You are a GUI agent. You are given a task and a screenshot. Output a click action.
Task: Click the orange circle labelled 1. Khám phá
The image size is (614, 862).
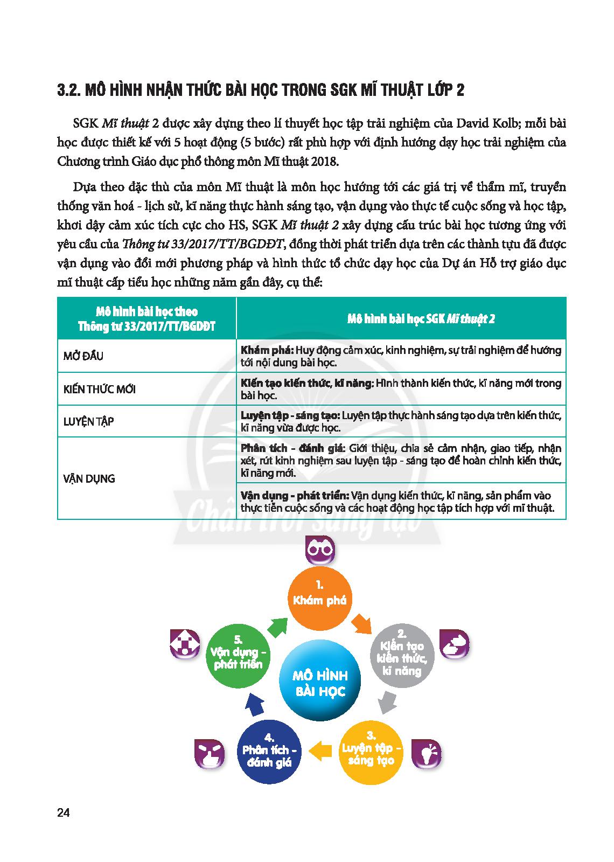pyautogui.click(x=320, y=599)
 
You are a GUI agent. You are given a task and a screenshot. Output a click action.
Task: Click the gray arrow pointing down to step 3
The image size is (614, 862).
pyautogui.click(x=385, y=703)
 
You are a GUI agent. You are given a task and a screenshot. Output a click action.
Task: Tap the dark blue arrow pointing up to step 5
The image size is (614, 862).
pyautogui.click(x=254, y=703)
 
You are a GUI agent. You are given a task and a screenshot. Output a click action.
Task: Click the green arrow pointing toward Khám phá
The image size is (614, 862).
pyautogui.click(x=277, y=626)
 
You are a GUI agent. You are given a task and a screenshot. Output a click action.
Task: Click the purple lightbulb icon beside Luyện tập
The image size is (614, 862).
pyautogui.click(x=426, y=752)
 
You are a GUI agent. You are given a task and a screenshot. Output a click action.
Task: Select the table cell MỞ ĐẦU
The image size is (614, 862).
pyautogui.click(x=83, y=356)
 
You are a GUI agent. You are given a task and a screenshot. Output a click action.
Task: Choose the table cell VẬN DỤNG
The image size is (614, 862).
pyautogui.click(x=89, y=478)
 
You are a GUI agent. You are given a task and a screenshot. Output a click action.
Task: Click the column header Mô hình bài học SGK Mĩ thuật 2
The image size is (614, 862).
pyautogui.click(x=421, y=318)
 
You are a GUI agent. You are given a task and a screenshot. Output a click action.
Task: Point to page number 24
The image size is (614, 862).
pyautogui.click(x=63, y=813)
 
